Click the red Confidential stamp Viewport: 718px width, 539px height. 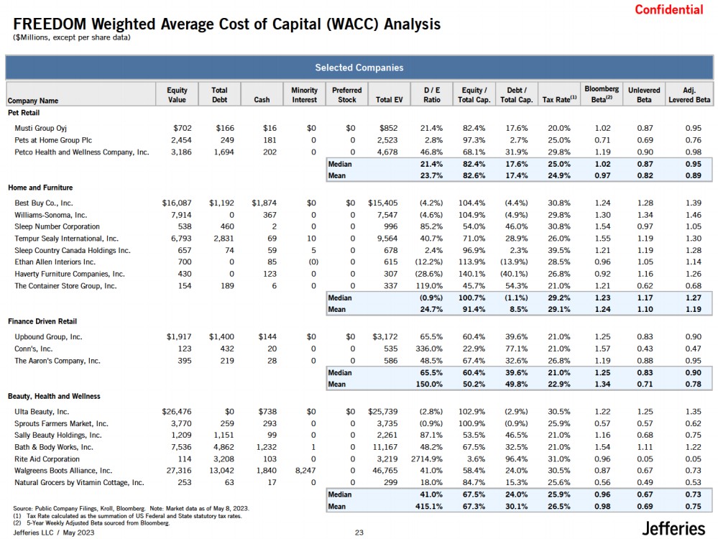[x=668, y=9]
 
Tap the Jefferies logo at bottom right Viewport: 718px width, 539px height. [x=673, y=528]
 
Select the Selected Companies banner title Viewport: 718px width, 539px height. [x=359, y=68]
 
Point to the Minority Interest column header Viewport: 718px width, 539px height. [x=305, y=95]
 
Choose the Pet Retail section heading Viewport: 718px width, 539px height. [x=24, y=113]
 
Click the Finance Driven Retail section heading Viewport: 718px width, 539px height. [x=42, y=321]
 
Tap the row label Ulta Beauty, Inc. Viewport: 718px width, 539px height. [x=42, y=412]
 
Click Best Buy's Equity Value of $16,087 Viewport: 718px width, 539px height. [x=177, y=203]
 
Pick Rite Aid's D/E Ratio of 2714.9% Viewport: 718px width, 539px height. [x=427, y=459]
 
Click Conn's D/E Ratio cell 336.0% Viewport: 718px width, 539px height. [x=429, y=349]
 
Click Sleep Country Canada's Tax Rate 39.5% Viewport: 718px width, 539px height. [x=559, y=250]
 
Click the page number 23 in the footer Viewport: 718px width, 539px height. [x=359, y=533]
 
